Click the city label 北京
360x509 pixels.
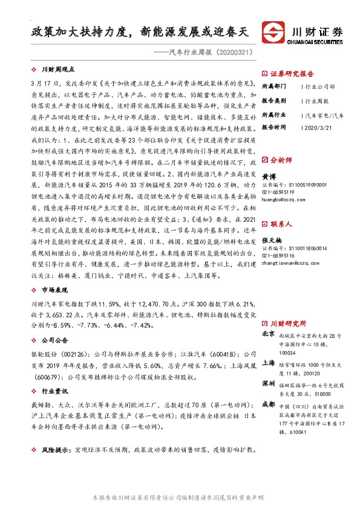click(268, 334)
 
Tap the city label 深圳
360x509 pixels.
click(268, 384)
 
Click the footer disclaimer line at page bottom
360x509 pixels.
click(179, 498)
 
